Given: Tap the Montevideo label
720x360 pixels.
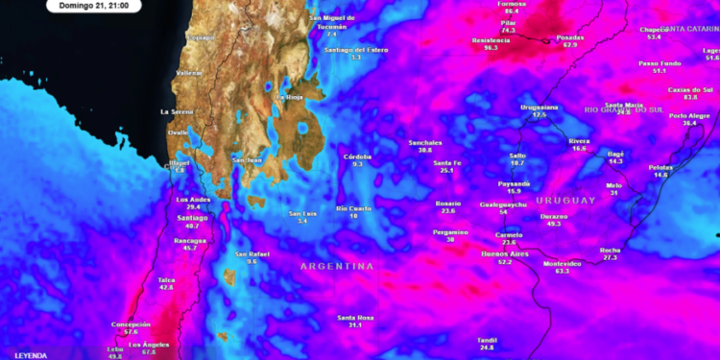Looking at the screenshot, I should tap(562, 263).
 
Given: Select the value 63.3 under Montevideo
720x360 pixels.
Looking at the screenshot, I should tap(562, 271).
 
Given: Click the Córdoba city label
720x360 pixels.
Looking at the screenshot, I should tap(357, 156).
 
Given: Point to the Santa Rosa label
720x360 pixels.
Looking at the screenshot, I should tap(355, 318).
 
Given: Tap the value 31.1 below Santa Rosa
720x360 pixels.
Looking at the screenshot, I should tap(355, 325).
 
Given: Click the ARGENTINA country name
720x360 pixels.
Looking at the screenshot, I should tap(335, 266).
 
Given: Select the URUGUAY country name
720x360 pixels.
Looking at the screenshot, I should tap(565, 200).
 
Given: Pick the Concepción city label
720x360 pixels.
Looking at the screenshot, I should tap(131, 324).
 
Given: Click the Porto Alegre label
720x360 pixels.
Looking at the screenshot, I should tap(689, 115).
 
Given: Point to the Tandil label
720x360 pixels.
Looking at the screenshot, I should tap(488, 340).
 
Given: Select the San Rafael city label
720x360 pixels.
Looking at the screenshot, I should tap(252, 253).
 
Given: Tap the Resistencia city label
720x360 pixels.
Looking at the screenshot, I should tap(491, 39).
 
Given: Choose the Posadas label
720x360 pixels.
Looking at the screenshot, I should tap(570, 37).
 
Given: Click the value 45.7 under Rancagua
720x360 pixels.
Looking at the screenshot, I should tap(189, 248).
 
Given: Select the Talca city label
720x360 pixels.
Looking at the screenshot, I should tap(166, 279).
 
